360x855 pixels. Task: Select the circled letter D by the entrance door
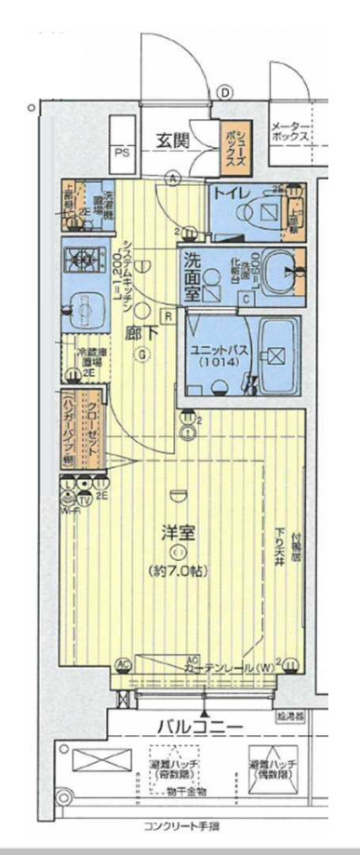click(224, 91)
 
